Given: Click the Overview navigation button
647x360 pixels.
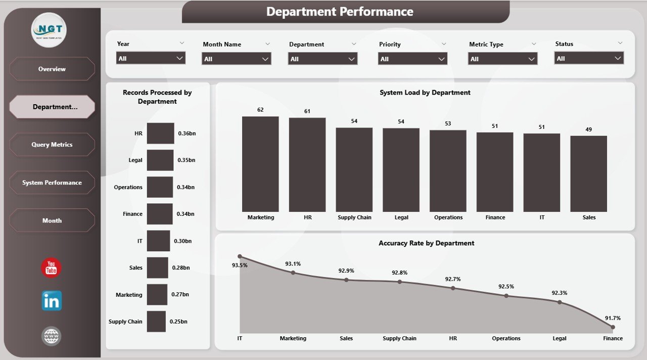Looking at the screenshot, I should point(52,69).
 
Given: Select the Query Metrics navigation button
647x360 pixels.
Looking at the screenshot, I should point(52,145).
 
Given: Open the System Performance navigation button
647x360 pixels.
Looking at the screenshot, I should point(52,183).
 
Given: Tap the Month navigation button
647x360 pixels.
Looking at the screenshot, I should point(52,220).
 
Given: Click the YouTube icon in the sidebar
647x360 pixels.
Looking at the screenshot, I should point(51,268).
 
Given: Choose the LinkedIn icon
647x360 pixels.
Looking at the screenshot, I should point(52,301).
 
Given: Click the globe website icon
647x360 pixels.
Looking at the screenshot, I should point(52,336).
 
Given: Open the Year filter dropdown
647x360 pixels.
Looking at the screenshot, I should point(151,59).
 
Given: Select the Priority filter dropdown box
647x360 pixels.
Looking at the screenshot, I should point(412,59).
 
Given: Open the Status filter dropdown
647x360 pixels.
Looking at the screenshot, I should point(589,59).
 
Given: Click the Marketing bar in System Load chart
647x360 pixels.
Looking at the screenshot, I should point(260,164).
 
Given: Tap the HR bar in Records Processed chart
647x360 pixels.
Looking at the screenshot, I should point(160,133).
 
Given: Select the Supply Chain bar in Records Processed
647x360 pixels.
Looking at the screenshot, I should point(156,322).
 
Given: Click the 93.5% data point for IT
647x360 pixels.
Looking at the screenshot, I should point(240,256).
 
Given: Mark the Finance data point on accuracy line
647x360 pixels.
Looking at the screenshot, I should point(613,327).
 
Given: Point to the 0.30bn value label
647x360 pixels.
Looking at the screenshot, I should point(183,241).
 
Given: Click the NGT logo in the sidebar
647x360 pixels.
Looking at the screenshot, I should point(49,30).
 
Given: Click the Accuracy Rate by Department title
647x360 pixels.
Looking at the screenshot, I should point(426,243).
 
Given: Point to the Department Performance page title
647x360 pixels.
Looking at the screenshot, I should point(340,12).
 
